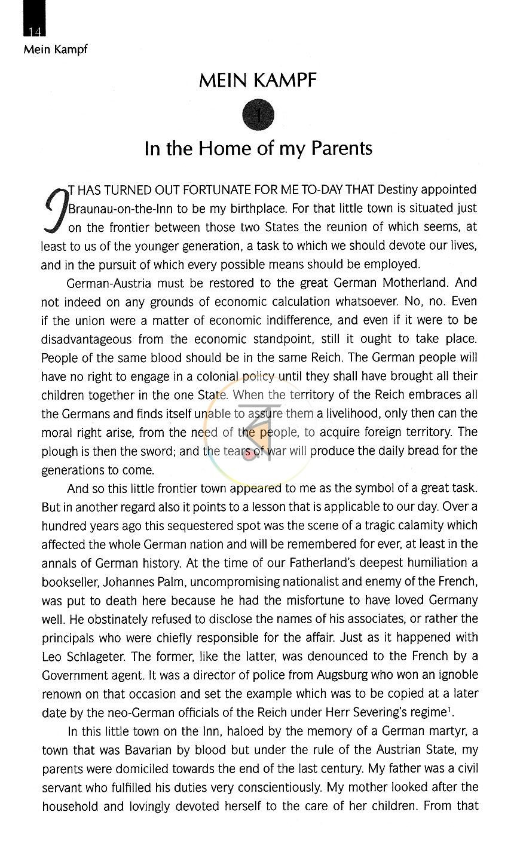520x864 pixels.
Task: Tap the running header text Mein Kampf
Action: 55,49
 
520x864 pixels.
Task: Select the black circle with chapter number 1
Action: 258,115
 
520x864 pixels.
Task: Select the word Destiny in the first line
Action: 406,190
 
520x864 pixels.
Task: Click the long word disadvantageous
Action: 86,339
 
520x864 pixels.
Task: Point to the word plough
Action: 59,451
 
